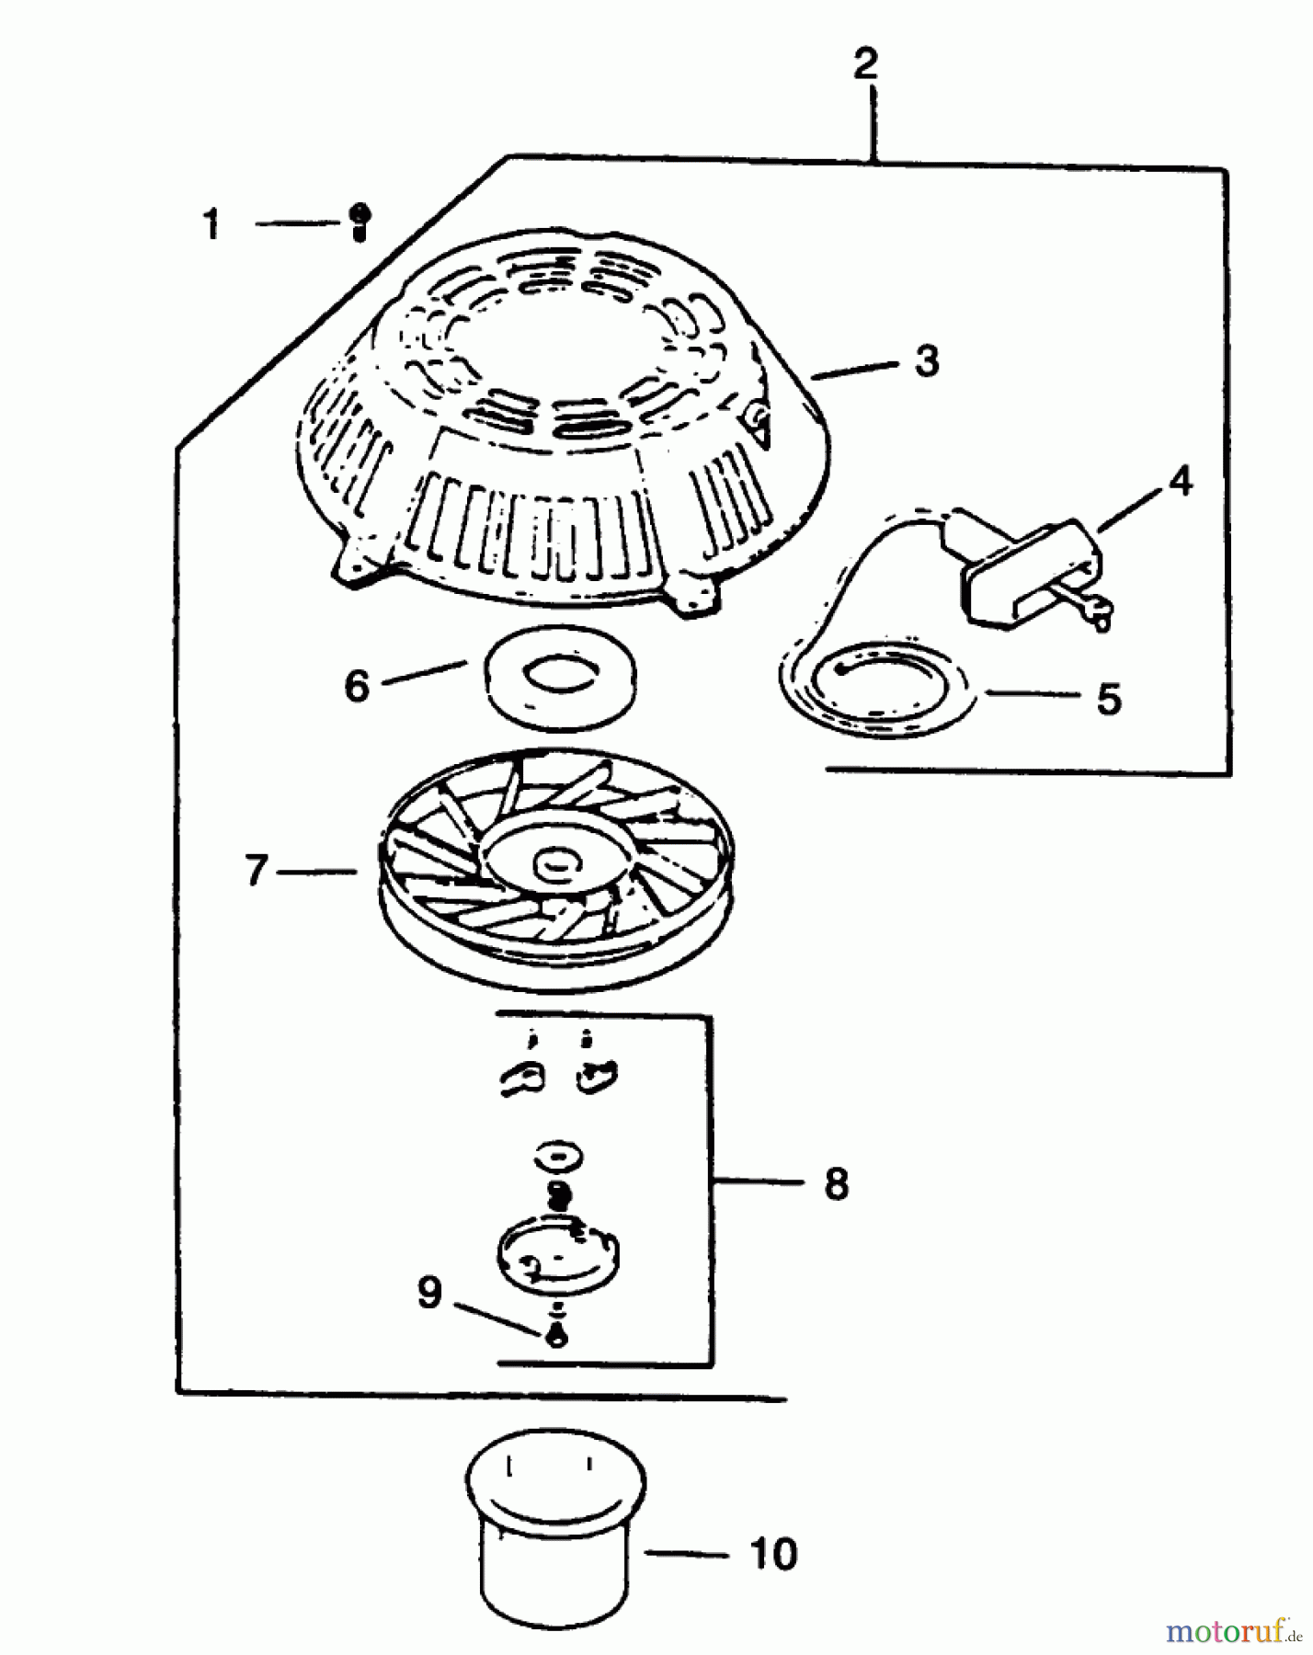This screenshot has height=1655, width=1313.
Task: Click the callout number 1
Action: [x=212, y=224]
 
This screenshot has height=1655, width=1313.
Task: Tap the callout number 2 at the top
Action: [x=865, y=64]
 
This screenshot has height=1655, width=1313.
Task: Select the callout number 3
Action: [x=927, y=361]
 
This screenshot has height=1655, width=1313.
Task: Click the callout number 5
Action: [x=1110, y=700]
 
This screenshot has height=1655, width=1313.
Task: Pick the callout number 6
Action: [x=357, y=685]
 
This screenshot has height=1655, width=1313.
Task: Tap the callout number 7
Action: [x=257, y=870]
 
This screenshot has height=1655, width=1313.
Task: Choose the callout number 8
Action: [x=836, y=1183]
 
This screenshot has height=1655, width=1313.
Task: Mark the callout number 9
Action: [x=429, y=1293]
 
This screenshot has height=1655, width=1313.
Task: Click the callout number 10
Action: [x=773, y=1555]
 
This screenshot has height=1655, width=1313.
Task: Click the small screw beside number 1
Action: [x=360, y=222]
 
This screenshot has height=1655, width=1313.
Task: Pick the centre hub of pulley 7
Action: [x=555, y=863]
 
